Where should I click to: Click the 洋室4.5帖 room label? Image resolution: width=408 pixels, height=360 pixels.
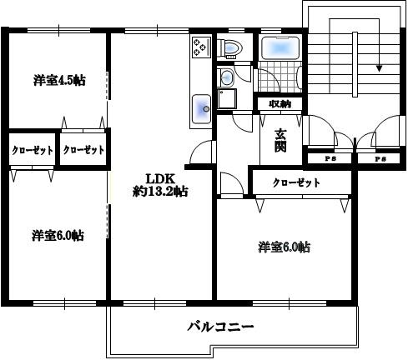(x=59, y=80)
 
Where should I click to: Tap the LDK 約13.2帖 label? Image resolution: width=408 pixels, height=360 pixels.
(x=160, y=185)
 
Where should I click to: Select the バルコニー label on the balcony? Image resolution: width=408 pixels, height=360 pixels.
(x=220, y=327)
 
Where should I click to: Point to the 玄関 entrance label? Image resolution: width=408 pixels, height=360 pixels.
(x=280, y=141)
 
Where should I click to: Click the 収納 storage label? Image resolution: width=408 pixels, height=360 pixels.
(x=280, y=104)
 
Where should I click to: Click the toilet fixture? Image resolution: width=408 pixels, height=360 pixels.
(x=230, y=48)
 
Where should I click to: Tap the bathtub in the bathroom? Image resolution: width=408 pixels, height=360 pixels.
(x=280, y=48)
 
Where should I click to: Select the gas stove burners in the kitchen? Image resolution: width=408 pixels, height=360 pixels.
(x=201, y=47)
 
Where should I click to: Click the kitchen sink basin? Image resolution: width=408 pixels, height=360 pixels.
(x=202, y=108)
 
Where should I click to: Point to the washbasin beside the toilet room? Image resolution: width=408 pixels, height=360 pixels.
(x=227, y=77)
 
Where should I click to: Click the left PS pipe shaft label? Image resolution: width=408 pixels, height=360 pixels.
(x=330, y=159)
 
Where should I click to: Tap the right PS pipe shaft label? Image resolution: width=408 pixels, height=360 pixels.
(x=380, y=159)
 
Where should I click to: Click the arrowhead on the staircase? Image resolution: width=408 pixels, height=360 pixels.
(x=379, y=68)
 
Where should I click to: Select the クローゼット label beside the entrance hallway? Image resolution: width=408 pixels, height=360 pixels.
(x=296, y=182)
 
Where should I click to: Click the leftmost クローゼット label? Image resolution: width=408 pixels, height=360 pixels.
(x=33, y=150)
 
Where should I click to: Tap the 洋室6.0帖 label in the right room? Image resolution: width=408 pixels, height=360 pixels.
(x=285, y=247)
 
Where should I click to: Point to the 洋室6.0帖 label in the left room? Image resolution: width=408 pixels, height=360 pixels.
(x=58, y=236)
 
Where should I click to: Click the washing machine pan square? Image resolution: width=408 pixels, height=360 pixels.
(x=227, y=99)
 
